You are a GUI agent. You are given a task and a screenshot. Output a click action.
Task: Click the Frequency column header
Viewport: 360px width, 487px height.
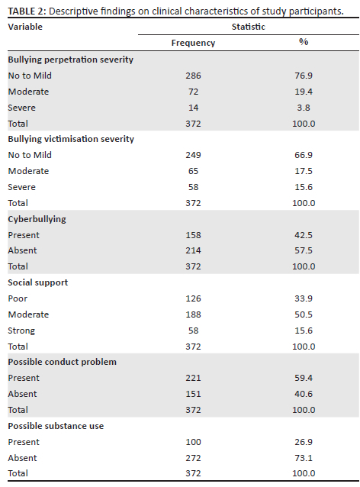pos(193,43)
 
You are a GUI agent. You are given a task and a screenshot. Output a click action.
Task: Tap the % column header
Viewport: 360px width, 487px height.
pos(304,42)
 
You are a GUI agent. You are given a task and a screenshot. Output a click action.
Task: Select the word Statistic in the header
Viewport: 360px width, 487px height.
pos(249,27)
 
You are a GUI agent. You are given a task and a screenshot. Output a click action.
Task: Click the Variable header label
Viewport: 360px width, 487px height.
pos(25,27)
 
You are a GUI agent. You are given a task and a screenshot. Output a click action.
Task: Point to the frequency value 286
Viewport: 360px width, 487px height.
pos(193,76)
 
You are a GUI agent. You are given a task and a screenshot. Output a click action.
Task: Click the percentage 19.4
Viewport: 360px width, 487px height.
pos(304,92)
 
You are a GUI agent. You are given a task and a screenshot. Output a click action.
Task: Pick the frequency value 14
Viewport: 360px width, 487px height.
pos(193,108)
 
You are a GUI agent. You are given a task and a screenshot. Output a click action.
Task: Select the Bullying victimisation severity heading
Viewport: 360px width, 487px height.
pos(71,139)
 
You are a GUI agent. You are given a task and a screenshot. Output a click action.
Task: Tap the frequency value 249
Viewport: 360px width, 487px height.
pos(193,155)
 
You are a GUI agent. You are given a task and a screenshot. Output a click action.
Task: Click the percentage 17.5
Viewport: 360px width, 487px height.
pos(304,171)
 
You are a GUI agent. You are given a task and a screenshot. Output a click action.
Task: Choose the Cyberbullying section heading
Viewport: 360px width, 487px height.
pos(37,219)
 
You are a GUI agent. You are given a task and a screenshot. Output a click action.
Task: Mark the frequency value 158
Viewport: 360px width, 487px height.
pos(193,235)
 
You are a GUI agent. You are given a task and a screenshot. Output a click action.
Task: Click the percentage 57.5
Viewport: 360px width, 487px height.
pos(304,250)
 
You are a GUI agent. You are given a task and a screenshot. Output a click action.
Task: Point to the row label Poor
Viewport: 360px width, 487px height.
pos(18,298)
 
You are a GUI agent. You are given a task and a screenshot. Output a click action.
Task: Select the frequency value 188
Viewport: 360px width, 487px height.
pos(193,314)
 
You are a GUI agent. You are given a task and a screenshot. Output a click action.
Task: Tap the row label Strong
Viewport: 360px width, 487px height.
pos(21,331)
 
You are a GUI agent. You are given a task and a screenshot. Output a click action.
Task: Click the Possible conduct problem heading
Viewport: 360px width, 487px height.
pos(63,362)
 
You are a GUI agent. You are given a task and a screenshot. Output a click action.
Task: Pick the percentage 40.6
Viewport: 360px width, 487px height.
pos(304,394)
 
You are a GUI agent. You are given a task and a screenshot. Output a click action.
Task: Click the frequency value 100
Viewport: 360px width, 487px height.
pos(193,442)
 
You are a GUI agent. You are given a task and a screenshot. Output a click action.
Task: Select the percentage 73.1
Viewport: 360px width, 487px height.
pos(304,458)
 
